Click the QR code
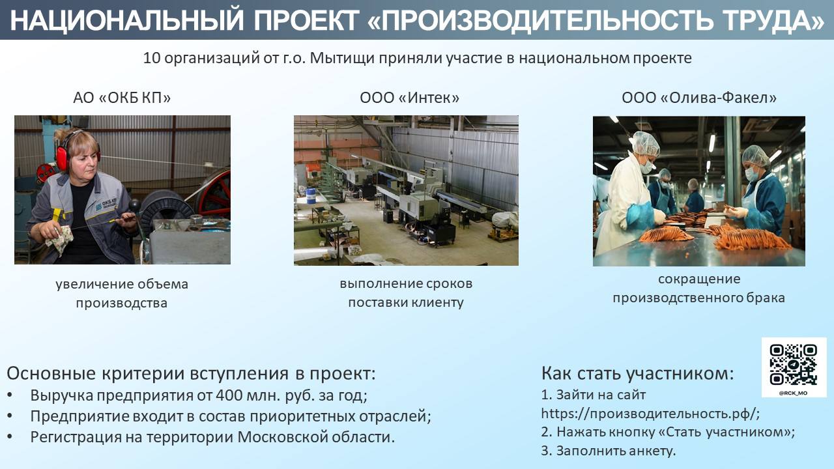coord(793,365)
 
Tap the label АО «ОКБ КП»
coord(122,98)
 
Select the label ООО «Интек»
coord(410,98)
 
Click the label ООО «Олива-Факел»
coord(699,98)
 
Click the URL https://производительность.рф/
coord(650,414)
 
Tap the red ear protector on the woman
coord(62,158)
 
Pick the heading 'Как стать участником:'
coord(637,373)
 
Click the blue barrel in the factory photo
coord(311,195)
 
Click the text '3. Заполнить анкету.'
coord(609,451)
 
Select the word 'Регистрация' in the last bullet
coord(76,437)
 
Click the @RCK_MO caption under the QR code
coord(793,393)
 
